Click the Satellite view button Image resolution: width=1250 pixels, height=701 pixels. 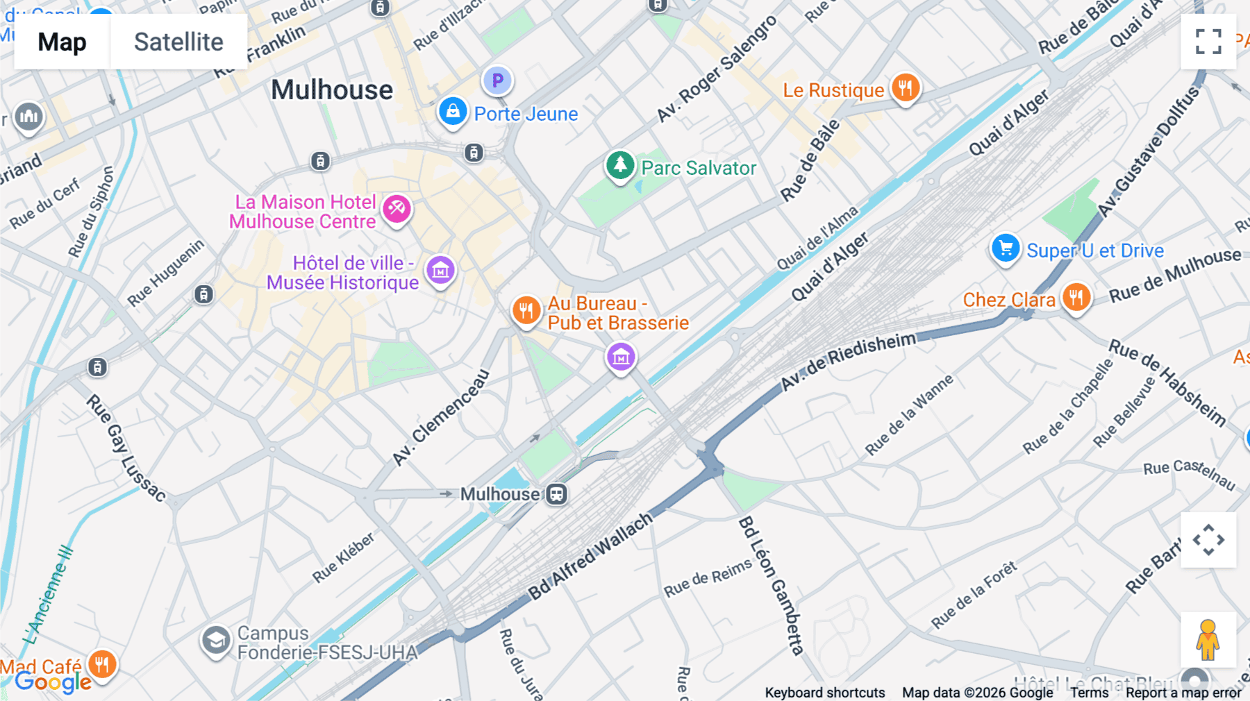pos(178,42)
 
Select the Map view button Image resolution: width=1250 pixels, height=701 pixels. pos(62,42)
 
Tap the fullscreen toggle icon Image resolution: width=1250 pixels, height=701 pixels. pos(1208,42)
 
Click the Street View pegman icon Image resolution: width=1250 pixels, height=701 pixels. pos(1208,639)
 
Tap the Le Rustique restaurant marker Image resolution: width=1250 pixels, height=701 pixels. pos(905,88)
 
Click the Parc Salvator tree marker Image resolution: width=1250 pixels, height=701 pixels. pos(619,166)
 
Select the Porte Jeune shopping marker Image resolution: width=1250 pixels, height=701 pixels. pos(453,111)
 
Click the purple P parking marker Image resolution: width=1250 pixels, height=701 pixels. pos(497,81)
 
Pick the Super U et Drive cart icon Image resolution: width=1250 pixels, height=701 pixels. pos(1005,248)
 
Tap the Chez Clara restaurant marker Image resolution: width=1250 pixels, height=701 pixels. pos(1076,298)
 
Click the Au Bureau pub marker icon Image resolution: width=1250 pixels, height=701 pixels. pos(526,310)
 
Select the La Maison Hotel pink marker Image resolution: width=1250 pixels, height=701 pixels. pos(397,208)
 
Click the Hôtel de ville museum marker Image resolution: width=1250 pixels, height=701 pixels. pos(440,270)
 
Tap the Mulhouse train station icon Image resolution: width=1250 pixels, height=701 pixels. pos(556,494)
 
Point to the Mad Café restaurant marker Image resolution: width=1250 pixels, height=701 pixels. pos(102,664)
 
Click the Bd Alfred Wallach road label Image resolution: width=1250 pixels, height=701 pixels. pos(590,556)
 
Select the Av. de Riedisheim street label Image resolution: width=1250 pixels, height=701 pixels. pos(848,361)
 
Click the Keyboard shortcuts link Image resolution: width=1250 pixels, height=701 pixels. pos(824,693)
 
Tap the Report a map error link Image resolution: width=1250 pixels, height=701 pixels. pos(1183,693)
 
